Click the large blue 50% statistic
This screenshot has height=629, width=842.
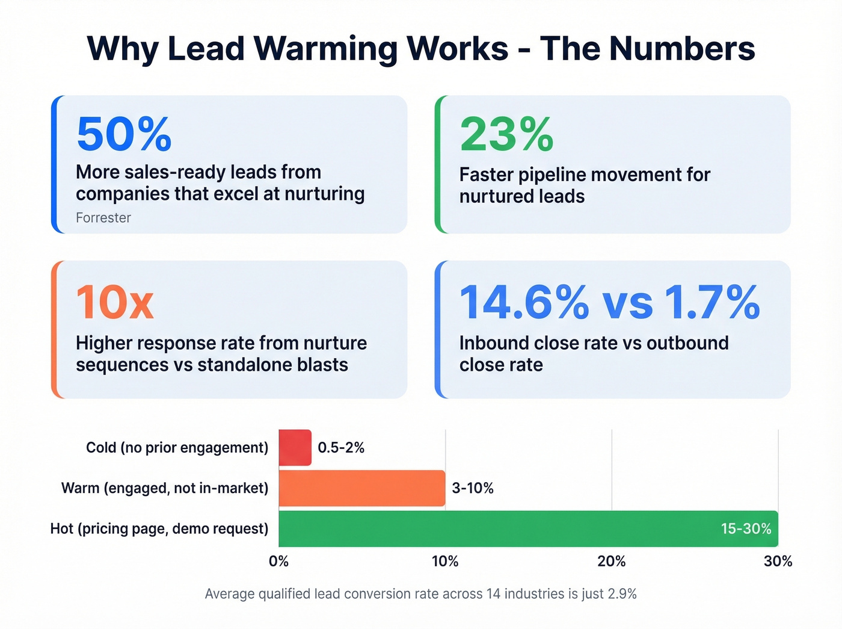[x=124, y=134]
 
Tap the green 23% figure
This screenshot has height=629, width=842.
[x=506, y=134]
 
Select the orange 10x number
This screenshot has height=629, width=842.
[x=115, y=302]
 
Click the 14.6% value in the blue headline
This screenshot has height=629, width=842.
[x=524, y=302]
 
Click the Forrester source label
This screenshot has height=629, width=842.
[x=103, y=218]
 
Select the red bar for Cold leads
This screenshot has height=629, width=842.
[x=295, y=448]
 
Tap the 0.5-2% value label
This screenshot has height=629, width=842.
[x=341, y=448]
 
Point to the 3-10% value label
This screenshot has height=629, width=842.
[x=473, y=488]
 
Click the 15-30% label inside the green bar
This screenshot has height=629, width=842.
[x=746, y=528]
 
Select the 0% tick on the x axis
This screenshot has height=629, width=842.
[x=279, y=562]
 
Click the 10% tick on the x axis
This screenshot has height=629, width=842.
[x=445, y=562]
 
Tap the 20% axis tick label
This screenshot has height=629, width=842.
[x=612, y=562]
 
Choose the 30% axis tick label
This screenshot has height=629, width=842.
[x=778, y=562]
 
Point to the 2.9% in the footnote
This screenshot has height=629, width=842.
[x=622, y=594]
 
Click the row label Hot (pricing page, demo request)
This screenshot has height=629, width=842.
[x=159, y=528]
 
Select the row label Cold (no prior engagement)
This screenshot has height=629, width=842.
[x=177, y=448]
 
